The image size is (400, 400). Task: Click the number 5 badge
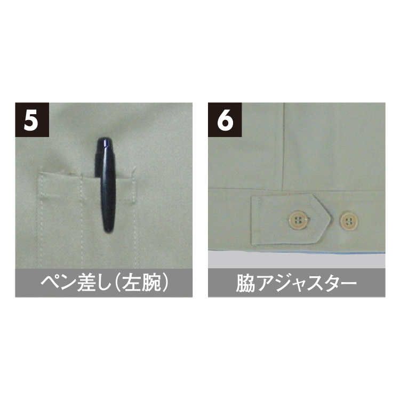(x=32, y=119)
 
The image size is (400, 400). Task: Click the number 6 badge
(x=225, y=119)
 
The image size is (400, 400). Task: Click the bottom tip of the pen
(x=108, y=231)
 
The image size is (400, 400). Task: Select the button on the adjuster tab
(x=298, y=219)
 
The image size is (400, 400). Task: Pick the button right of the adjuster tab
(x=348, y=221)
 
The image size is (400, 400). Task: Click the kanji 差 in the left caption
(x=86, y=283)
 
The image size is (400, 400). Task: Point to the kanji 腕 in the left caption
(x=151, y=283)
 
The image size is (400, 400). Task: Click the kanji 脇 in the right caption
(x=245, y=283)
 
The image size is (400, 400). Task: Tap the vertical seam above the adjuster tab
(x=283, y=147)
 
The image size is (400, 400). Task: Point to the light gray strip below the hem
(x=297, y=260)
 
